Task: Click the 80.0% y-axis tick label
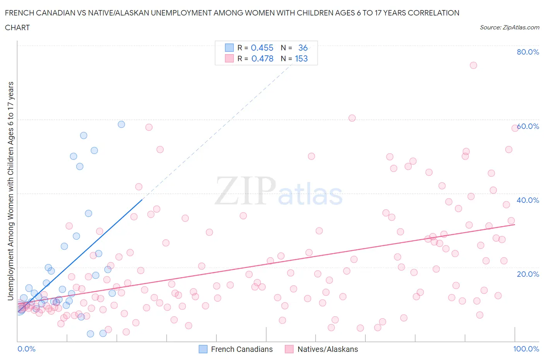click(528, 52)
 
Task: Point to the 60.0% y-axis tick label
click(528, 126)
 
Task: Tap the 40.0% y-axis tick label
click(528, 200)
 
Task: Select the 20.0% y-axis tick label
click(528, 274)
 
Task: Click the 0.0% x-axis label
click(26, 349)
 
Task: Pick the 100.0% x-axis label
click(526, 349)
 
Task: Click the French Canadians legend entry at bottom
click(241, 349)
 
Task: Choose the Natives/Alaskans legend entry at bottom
click(327, 349)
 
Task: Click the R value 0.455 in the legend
click(262, 48)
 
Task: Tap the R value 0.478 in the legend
click(262, 58)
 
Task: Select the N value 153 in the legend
click(301, 58)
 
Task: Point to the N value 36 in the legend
click(303, 48)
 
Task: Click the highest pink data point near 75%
click(473, 65)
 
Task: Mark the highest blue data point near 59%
click(121, 124)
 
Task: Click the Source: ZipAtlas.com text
click(509, 27)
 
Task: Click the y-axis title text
click(10, 191)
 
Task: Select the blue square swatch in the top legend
click(229, 48)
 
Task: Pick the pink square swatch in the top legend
click(229, 58)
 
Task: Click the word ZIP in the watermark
click(245, 191)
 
